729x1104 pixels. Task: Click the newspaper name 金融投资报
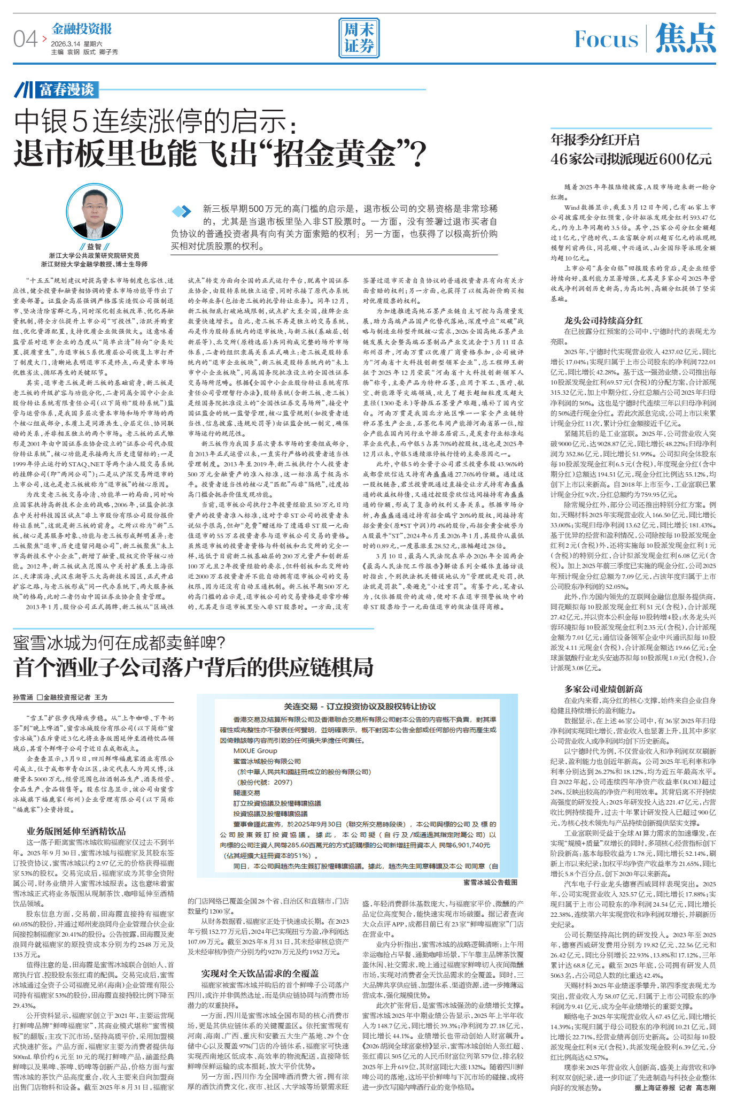click(82, 29)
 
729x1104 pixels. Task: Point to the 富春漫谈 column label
click(66, 89)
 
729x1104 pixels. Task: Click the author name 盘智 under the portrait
click(94, 247)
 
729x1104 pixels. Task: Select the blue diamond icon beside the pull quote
click(182, 211)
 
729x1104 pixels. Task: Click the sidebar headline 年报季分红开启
click(595, 140)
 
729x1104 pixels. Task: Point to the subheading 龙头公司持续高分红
click(603, 320)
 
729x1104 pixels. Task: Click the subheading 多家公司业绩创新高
click(603, 689)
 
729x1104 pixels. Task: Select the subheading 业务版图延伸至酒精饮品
click(76, 831)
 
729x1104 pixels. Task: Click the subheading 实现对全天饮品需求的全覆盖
click(260, 973)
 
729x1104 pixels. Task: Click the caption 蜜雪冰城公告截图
click(490, 883)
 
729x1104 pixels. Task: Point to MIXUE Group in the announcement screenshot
click(255, 750)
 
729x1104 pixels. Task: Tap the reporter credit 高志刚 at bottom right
click(705, 1087)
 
